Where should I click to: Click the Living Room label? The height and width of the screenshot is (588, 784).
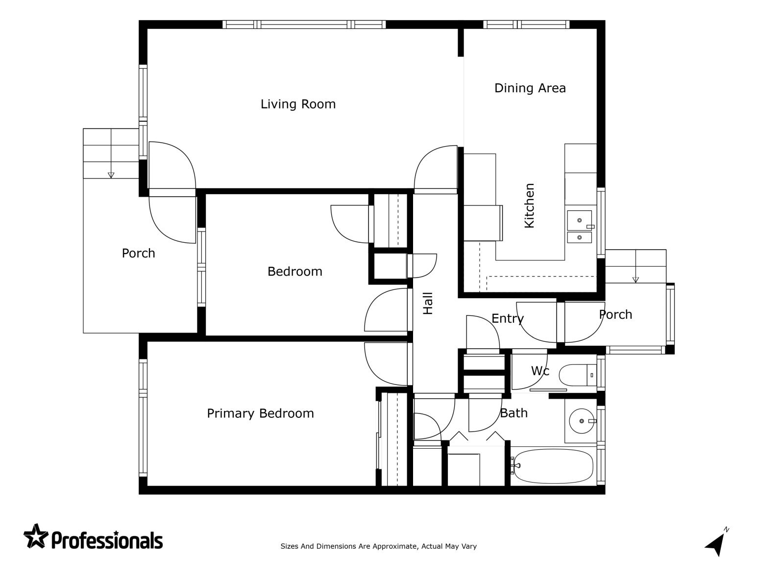[298, 104]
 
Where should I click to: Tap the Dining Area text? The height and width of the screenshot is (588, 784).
[530, 88]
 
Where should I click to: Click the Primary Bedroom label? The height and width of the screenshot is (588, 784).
[260, 413]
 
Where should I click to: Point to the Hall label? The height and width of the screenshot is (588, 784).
[428, 303]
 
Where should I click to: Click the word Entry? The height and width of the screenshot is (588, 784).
[508, 318]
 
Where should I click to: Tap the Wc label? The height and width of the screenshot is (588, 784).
[539, 371]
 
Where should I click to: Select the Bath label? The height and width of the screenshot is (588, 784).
[514, 413]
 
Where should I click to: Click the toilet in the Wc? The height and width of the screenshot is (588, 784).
[577, 375]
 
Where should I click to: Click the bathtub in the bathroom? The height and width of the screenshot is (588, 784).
[553, 466]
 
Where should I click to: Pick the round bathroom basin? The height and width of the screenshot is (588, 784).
[582, 421]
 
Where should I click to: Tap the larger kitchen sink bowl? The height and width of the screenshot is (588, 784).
[579, 220]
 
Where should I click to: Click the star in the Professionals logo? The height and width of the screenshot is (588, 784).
[36, 536]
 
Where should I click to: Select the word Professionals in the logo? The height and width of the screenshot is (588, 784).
[107, 540]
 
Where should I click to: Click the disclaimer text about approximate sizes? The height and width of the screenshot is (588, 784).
[379, 546]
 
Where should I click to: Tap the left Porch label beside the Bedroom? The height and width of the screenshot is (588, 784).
[138, 254]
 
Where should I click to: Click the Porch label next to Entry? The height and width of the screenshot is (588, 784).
[615, 314]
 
